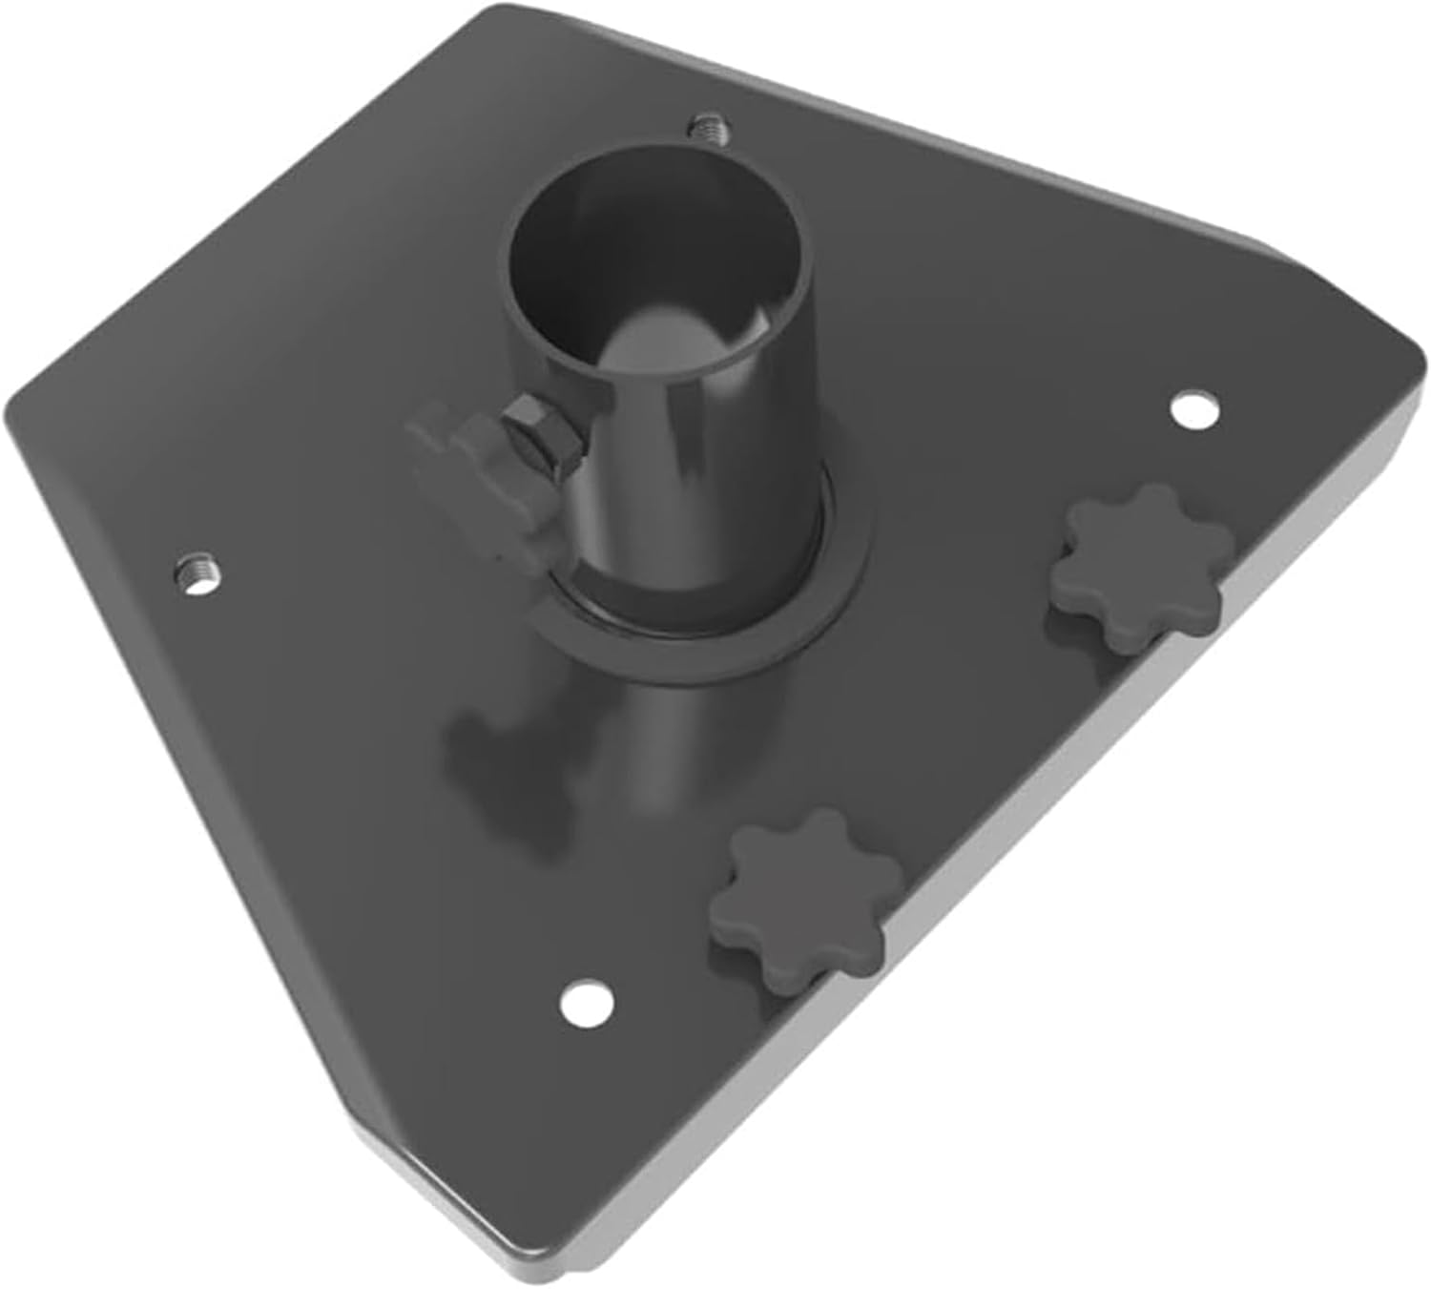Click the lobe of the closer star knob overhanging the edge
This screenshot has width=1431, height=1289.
point(859,945)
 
